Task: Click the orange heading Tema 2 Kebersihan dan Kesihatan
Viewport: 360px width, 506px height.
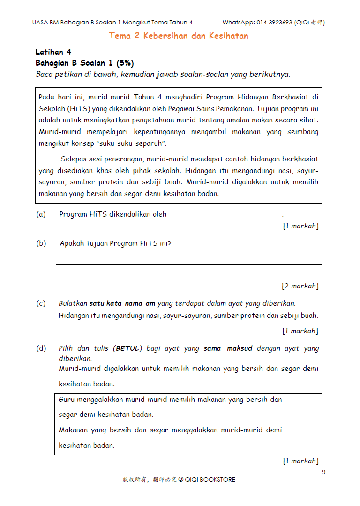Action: pyautogui.click(x=179, y=36)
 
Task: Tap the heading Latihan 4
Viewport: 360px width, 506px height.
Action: pyautogui.click(x=53, y=52)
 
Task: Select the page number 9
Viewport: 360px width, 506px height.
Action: pyautogui.click(x=323, y=472)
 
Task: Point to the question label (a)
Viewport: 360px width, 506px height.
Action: pyautogui.click(x=41, y=214)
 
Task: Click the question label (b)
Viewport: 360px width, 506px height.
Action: pyautogui.click(x=41, y=243)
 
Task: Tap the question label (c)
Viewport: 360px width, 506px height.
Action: pyautogui.click(x=41, y=303)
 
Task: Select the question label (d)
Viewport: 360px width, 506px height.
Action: pyautogui.click(x=41, y=348)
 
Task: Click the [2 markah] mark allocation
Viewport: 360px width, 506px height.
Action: pyautogui.click(x=300, y=286)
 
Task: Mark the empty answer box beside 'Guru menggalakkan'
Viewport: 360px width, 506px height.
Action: pyautogui.click(x=303, y=409)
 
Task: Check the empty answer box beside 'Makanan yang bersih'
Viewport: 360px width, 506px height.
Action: pyautogui.click(x=303, y=439)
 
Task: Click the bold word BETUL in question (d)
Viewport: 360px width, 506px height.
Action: pyautogui.click(x=127, y=348)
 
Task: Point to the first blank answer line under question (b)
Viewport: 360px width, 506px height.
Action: pyautogui.click(x=189, y=264)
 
